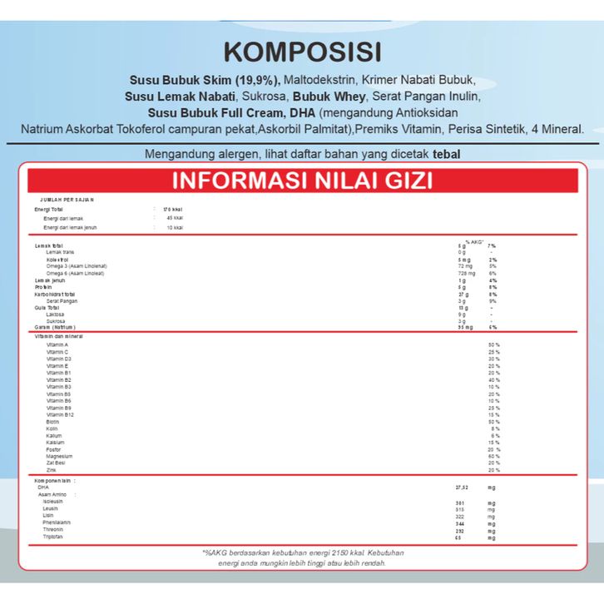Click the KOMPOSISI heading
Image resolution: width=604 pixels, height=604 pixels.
(x=302, y=52)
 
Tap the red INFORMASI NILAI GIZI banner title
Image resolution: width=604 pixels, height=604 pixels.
(x=302, y=181)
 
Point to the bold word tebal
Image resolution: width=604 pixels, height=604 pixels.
(x=447, y=154)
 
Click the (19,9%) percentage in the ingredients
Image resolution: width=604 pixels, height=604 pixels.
(x=257, y=81)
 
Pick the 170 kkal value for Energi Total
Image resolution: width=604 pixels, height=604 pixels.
(x=172, y=209)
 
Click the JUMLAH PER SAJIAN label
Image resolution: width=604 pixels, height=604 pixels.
(x=67, y=200)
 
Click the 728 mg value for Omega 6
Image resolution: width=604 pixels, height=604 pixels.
(x=466, y=273)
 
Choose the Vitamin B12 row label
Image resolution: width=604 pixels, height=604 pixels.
(x=61, y=414)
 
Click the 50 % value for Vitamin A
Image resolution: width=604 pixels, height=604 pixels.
(x=494, y=344)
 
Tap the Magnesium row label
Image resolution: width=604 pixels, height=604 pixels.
(x=60, y=456)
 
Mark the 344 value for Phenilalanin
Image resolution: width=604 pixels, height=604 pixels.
(x=459, y=523)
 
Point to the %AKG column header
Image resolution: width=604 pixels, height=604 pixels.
(x=474, y=240)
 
